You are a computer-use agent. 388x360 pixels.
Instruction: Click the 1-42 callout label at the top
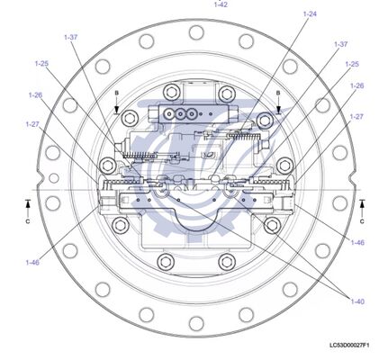[221, 4]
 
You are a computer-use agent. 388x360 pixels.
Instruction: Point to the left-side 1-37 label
[71, 37]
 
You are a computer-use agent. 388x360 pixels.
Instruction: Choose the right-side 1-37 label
[340, 43]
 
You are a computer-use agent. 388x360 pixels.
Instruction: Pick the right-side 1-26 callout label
[356, 85]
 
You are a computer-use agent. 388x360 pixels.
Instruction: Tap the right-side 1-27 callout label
[356, 116]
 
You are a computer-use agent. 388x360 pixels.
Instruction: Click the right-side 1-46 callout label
[357, 242]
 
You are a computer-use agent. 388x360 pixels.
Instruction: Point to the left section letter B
[116, 93]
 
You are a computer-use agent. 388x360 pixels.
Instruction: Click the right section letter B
[278, 93]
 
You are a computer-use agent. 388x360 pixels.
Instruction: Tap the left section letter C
[28, 220]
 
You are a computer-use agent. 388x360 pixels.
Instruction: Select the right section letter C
[362, 220]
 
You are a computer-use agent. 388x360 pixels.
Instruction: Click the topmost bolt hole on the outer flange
[195, 32]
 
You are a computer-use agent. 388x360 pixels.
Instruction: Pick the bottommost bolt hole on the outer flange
[195, 328]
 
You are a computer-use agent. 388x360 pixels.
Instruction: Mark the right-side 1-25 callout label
[352, 64]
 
